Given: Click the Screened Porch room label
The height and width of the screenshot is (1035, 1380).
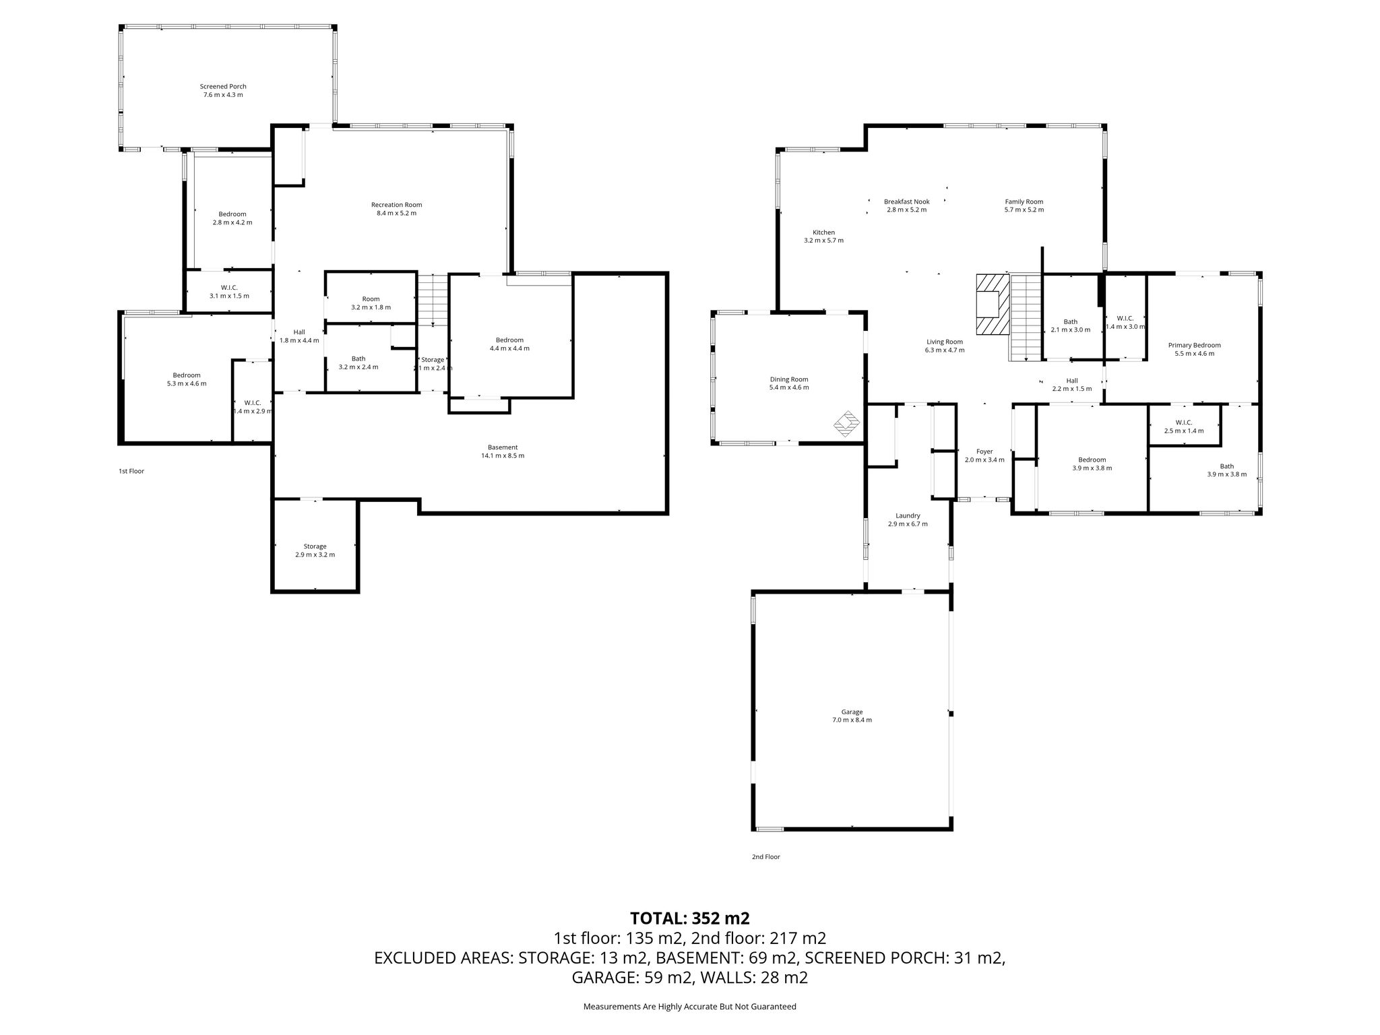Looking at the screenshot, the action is (x=223, y=86).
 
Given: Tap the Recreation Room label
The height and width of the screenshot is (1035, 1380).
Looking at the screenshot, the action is (x=396, y=205).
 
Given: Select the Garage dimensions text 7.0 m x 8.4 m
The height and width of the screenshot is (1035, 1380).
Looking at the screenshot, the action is (x=852, y=720).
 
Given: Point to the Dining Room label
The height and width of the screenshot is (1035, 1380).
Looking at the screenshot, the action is (x=789, y=379).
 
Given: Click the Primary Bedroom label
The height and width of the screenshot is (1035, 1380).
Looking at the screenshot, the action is (x=1194, y=345).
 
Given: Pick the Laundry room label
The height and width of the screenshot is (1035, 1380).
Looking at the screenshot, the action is (x=908, y=515).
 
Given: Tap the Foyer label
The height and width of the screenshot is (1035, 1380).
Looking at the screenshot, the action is (x=984, y=451).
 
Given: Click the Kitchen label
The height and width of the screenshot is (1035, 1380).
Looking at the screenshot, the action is (x=823, y=232).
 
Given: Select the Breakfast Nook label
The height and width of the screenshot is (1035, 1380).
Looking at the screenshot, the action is (x=906, y=201).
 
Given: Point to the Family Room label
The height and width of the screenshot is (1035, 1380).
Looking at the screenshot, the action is (x=1024, y=201).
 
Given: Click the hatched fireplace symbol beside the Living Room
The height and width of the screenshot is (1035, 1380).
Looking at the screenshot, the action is (x=993, y=304).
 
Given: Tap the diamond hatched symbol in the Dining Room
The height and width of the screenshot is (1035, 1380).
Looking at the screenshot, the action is (x=847, y=424).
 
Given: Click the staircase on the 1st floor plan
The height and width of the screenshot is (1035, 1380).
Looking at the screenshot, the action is (x=432, y=299).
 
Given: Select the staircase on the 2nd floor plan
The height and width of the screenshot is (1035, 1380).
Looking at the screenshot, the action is (x=1026, y=317).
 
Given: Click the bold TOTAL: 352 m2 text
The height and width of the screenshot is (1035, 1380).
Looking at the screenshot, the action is (x=689, y=918).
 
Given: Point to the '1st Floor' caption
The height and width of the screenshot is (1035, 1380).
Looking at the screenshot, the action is (x=131, y=471).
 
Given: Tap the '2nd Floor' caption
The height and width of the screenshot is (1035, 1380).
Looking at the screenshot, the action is (x=765, y=857).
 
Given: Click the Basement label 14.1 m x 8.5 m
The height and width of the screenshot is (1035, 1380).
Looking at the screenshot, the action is (x=502, y=451).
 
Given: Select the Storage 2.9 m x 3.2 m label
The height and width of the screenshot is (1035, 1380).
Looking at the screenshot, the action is (x=315, y=551).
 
